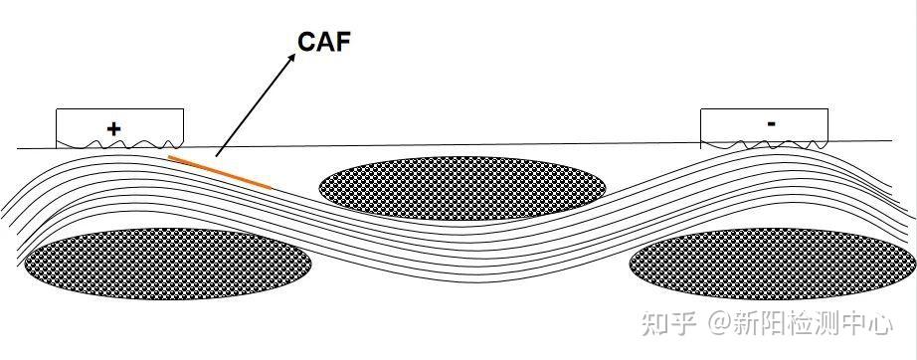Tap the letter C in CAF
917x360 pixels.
307,41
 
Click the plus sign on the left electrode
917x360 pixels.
113,128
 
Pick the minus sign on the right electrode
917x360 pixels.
772,123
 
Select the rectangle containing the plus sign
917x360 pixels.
119,127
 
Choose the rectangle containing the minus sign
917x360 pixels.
764,127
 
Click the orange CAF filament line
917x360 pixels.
220,171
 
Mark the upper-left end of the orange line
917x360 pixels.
170,156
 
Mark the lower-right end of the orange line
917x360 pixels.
271,186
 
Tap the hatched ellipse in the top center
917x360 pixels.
461,182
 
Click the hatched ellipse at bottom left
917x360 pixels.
167,264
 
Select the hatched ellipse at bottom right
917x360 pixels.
772,264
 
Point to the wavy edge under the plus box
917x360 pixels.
119,145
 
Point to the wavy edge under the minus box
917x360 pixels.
764,145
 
